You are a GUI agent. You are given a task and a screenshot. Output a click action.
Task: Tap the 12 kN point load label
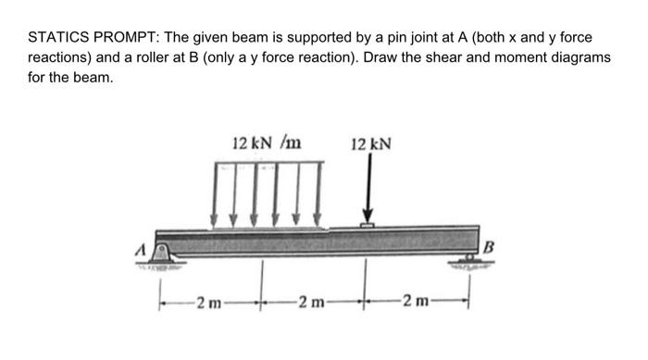372,144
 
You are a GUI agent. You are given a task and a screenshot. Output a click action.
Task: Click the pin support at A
164,253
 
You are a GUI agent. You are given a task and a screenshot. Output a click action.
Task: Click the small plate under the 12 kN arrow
368,225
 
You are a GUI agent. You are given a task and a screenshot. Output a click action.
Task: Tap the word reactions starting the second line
59,58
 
